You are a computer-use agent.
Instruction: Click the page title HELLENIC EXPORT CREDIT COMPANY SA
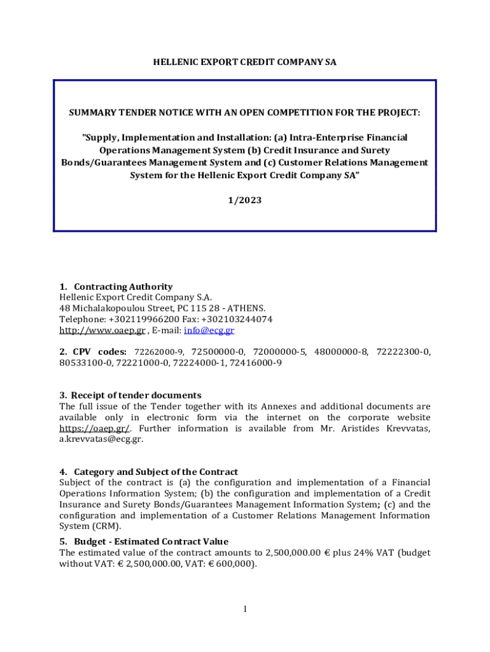[x=245, y=62]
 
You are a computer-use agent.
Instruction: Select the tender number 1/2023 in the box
[x=245, y=200]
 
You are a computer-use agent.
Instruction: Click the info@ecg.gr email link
[x=209, y=330]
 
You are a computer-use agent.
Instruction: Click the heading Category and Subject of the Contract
[x=156, y=472]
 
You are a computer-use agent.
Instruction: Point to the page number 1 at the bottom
[x=245, y=610]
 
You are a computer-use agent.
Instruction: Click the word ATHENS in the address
[x=248, y=308]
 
